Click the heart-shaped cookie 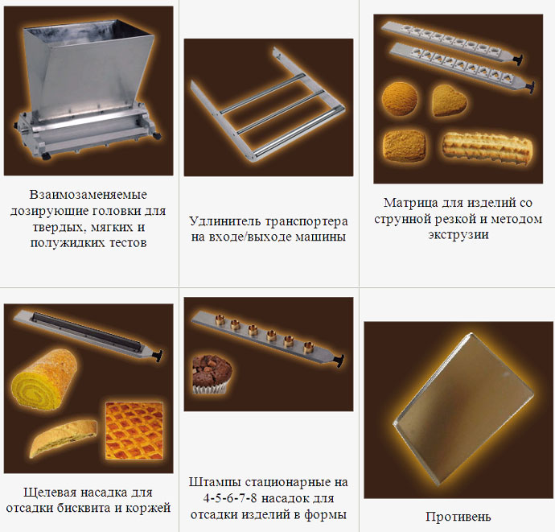[449, 100]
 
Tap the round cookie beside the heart [400, 98]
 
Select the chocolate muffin [212, 374]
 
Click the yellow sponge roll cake [44, 379]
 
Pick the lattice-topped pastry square [134, 431]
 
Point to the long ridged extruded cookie [487, 148]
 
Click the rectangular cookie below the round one [405, 146]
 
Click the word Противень [458, 517]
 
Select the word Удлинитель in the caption [225, 221]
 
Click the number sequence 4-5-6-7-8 [230, 498]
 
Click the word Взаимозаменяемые [88, 195]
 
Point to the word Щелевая [50, 493]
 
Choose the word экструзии [458, 235]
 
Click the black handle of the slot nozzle [158, 356]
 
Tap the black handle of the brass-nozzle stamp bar [339, 361]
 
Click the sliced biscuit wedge [63, 438]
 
